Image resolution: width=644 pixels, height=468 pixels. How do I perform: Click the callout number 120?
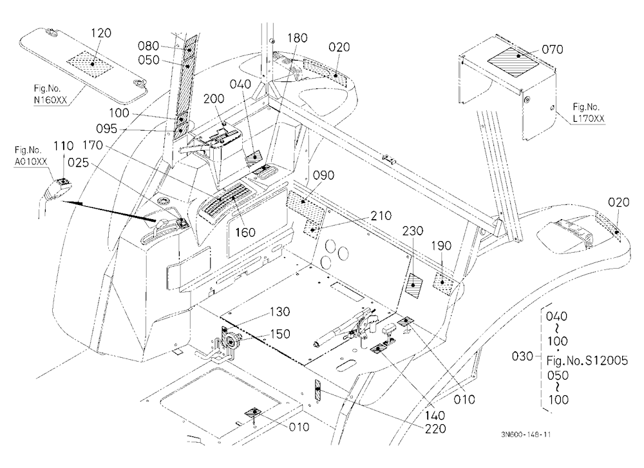click(100, 33)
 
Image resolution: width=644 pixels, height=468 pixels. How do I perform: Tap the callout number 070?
click(553, 50)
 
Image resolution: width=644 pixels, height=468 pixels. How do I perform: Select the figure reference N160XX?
click(50, 100)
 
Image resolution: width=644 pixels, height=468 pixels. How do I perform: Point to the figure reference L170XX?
click(589, 119)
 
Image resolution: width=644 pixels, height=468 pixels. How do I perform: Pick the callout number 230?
click(412, 231)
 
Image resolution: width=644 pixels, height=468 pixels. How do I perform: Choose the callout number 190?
click(442, 246)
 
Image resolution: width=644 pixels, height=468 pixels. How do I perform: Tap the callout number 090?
click(324, 175)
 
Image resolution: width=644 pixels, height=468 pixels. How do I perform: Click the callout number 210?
click(381, 216)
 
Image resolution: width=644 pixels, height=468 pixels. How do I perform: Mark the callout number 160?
click(245, 232)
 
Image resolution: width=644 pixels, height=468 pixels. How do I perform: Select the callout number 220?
click(435, 429)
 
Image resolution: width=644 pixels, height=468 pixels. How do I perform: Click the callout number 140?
click(435, 416)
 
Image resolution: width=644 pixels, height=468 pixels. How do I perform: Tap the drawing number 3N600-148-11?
click(526, 434)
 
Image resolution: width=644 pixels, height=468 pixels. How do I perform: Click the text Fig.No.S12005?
click(587, 361)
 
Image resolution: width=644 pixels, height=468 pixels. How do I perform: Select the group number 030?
click(522, 356)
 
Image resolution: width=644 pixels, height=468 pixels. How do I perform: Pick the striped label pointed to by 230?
click(414, 286)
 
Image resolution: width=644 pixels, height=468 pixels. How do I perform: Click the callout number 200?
click(214, 99)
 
